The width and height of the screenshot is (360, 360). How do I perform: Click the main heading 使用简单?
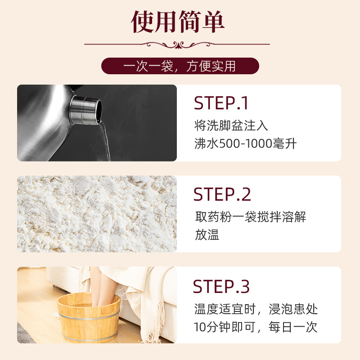(x=177, y=22)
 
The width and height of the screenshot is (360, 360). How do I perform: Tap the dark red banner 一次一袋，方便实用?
(x=180, y=66)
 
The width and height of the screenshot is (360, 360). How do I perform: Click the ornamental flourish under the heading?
(x=177, y=45)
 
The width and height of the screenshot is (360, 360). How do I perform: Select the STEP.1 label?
(x=220, y=103)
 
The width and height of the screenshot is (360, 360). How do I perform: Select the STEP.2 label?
(x=222, y=194)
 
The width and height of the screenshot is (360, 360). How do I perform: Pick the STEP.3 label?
(x=221, y=286)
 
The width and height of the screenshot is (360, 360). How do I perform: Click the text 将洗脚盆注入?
(x=231, y=126)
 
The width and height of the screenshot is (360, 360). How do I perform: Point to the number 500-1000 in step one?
(x=246, y=144)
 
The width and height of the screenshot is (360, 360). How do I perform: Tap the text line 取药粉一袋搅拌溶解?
(x=251, y=217)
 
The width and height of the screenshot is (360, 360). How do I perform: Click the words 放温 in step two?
(x=207, y=234)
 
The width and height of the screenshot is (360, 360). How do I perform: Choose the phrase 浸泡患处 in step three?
(x=293, y=309)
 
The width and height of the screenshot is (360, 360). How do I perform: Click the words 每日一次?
(x=293, y=327)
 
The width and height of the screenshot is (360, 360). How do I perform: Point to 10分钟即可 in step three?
(x=225, y=327)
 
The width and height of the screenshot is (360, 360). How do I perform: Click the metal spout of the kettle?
(x=85, y=110)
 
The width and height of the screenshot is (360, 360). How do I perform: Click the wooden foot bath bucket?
(x=89, y=319)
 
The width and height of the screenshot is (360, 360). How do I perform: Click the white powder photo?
(x=97, y=214)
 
